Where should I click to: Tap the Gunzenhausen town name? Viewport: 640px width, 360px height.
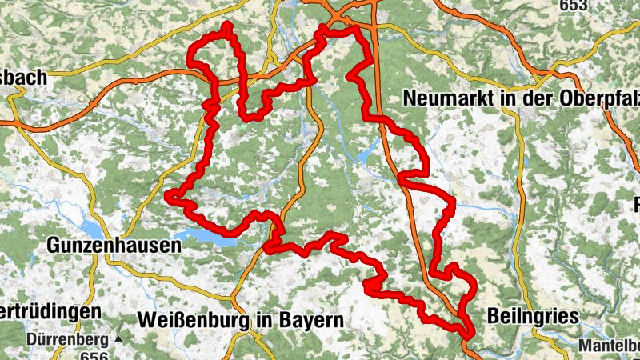114,245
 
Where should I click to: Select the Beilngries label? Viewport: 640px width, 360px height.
532,317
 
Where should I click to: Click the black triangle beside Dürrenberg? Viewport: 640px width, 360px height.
118,339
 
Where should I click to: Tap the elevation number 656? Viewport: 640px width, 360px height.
94,355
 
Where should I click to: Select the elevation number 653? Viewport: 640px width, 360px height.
574,5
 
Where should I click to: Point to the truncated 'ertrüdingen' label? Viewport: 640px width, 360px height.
50,310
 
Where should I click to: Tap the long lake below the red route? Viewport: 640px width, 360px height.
204,235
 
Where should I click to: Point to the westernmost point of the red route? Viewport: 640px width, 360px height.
168,194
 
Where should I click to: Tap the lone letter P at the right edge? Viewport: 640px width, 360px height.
637,203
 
